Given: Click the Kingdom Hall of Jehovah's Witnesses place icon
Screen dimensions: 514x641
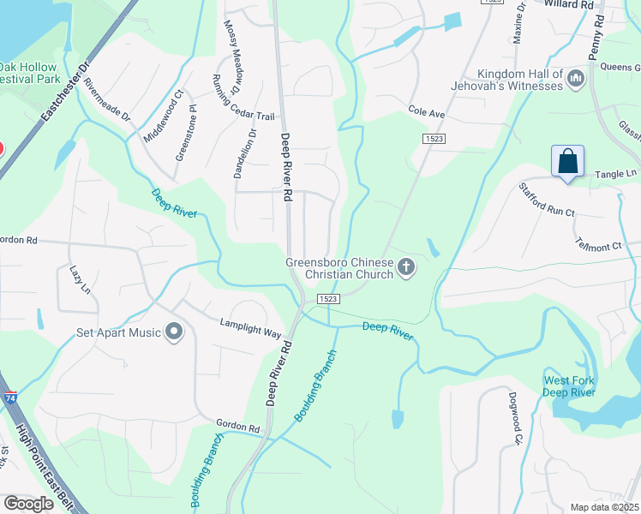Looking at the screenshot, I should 576,79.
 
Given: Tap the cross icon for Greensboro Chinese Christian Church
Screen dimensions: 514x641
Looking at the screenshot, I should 407,269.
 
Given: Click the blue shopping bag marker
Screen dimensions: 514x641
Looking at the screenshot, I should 567,161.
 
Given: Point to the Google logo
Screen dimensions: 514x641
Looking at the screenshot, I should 28,504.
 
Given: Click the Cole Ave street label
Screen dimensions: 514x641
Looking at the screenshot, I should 427,112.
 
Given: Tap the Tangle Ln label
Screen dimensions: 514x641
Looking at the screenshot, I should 620,173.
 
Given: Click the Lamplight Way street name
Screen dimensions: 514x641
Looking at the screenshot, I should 250,328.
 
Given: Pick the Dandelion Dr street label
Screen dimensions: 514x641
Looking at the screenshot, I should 243,153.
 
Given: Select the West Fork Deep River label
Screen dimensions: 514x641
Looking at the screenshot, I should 569,386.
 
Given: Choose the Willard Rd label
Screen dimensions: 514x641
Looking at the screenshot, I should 570,4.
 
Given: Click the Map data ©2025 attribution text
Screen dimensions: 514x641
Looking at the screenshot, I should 603,507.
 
